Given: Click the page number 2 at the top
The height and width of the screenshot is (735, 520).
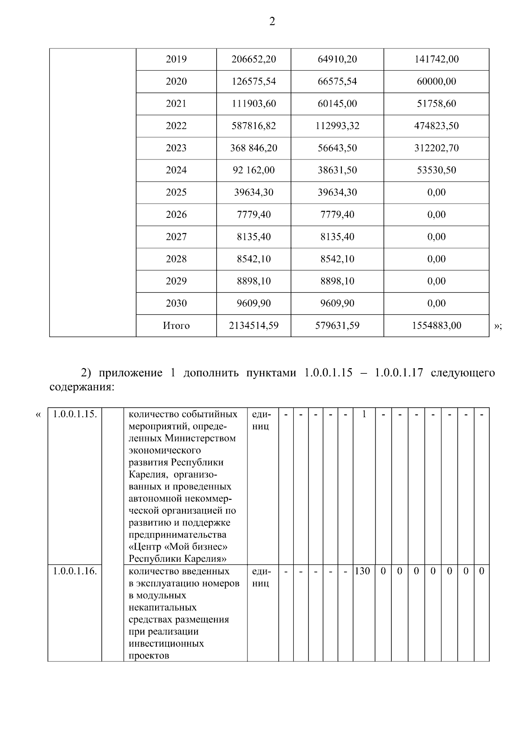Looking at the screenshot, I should coord(272,22).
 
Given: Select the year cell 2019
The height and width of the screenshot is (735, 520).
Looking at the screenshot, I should coord(176,59).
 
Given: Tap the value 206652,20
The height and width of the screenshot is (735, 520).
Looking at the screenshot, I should coord(253,59).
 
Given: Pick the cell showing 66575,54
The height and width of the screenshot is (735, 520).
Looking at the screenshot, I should coord(337,81).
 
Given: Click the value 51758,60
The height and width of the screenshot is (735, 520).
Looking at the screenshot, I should coord(436,104).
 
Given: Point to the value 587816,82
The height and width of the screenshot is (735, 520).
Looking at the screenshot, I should coord(253,126).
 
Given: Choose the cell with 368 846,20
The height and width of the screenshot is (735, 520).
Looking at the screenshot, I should coord(253,148).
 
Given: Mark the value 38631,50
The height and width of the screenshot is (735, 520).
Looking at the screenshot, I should coord(337,170).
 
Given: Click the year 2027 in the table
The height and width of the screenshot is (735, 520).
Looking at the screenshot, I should coord(176,237).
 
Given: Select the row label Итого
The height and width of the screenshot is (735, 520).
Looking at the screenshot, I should coord(176,326).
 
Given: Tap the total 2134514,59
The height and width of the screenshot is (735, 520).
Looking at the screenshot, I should coord(253,326).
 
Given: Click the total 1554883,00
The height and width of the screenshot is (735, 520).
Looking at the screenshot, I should coord(436,326).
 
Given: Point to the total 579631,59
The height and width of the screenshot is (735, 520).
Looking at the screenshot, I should coord(337,326).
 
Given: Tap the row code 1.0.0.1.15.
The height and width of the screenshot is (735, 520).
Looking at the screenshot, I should coord(75,414).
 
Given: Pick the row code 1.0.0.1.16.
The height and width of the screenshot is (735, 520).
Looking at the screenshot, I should coord(75,571).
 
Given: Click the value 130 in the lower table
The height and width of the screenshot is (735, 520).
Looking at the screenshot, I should coord(362,571).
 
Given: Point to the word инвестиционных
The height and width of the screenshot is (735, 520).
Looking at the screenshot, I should coord(166,644).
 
